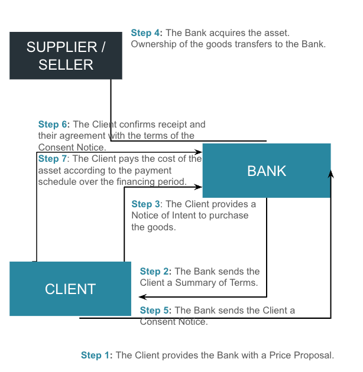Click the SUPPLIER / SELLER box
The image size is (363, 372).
tap(66, 56)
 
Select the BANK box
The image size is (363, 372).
tap(266, 171)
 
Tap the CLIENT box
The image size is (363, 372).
tap(70, 289)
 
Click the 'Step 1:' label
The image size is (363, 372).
tap(96, 355)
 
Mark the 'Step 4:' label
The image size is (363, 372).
tap(146, 33)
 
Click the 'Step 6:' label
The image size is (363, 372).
tap(54, 125)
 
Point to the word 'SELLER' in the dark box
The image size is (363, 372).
tap(66, 65)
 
